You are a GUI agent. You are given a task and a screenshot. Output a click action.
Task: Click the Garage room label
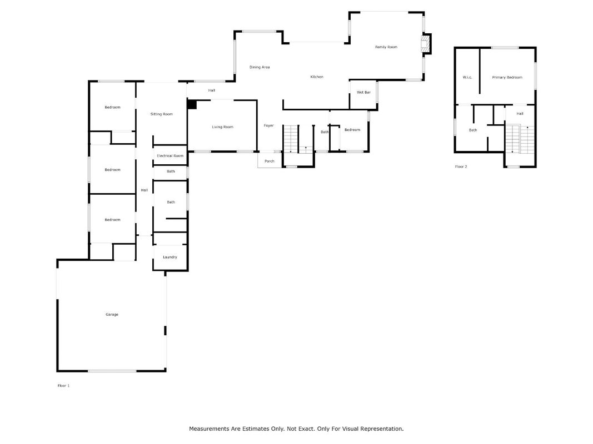112,314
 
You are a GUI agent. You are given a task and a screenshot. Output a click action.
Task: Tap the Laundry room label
170,257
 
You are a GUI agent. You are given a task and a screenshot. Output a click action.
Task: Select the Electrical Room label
170,155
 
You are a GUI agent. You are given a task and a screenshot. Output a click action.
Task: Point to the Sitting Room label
162,114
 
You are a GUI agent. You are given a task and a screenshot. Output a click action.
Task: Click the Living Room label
222,127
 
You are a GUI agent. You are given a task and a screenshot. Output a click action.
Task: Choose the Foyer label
268,125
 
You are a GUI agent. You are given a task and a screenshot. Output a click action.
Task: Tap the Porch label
270,161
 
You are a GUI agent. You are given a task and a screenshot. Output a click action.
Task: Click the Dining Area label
260,67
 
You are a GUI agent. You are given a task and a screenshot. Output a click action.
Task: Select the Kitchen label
317,77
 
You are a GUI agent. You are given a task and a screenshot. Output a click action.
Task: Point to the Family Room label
386,47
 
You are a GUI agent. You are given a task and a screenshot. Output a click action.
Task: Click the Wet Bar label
363,92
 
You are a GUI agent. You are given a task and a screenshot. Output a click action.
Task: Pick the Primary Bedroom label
507,77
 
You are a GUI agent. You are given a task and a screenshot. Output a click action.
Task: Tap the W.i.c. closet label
467,77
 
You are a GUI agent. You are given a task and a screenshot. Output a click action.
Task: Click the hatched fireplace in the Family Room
426,43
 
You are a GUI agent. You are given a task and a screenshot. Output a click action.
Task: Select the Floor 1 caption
63,386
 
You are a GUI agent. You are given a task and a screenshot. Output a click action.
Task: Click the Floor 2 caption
461,167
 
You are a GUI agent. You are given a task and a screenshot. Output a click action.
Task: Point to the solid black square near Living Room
192,104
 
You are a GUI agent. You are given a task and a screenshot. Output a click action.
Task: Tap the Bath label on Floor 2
473,130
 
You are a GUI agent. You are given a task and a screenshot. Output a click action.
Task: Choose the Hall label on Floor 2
520,113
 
